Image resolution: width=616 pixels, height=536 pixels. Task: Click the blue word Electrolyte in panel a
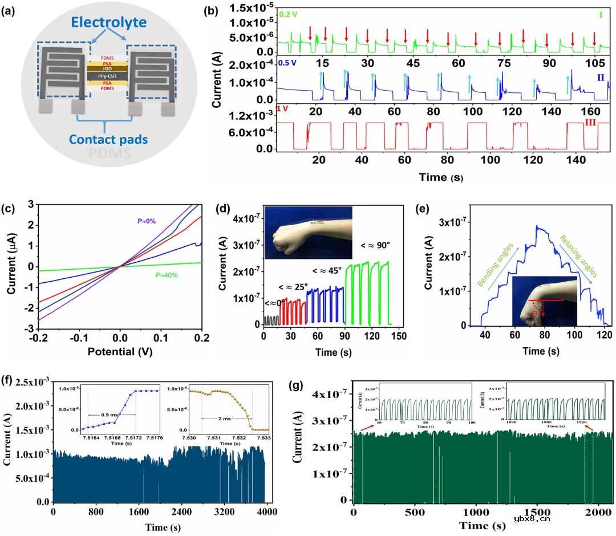pyautogui.click(x=108, y=23)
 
